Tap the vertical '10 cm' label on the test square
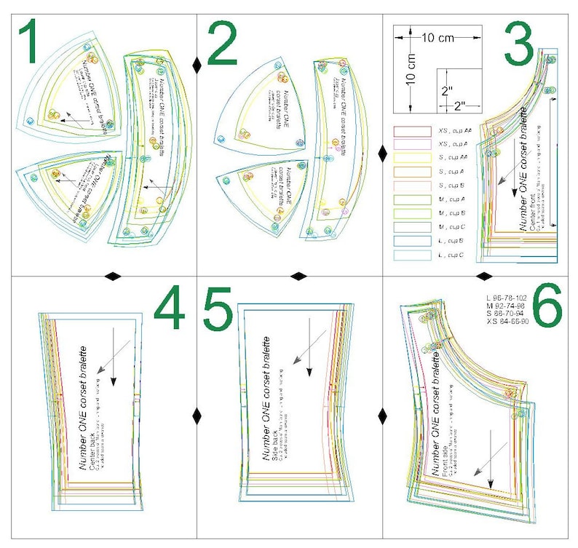410,70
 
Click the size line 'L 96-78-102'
507,298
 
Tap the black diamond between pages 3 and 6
482,277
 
